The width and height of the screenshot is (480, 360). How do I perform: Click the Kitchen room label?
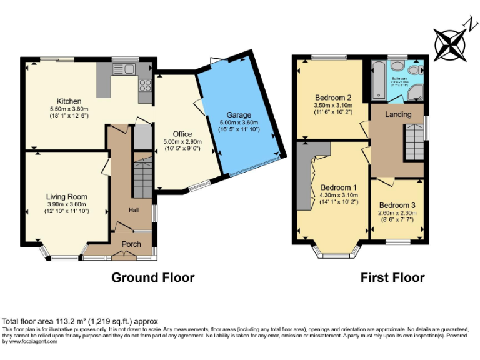(69, 101)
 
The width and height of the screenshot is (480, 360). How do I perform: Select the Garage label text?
(234, 115)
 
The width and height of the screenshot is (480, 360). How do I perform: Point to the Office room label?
(182, 134)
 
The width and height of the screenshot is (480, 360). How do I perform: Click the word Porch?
(131, 244)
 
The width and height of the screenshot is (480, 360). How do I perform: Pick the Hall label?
(134, 210)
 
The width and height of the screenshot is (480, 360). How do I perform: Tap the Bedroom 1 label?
(339, 187)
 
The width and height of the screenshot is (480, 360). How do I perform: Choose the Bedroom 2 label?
(332, 97)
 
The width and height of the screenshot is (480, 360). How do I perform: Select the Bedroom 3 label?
(397, 206)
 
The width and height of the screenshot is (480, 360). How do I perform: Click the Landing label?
(398, 114)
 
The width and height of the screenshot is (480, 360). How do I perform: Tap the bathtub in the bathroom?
(378, 81)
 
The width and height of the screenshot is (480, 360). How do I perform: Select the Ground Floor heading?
(152, 277)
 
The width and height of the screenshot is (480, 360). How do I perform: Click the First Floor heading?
(392, 277)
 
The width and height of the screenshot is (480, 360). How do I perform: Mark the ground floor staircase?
(143, 176)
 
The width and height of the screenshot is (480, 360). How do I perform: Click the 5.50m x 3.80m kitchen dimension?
(69, 108)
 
